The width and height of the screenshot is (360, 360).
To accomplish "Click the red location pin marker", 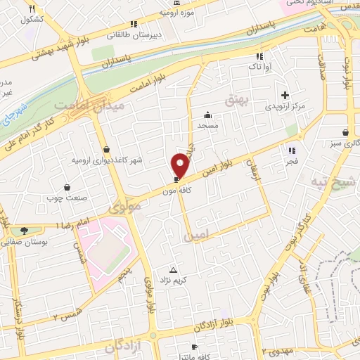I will (180, 165).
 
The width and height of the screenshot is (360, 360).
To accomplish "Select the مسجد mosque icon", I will (207, 115).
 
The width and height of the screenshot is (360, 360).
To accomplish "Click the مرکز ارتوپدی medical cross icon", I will (285, 95).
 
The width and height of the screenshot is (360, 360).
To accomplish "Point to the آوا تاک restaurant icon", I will (260, 56).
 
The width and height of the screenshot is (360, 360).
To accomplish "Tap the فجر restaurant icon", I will (291, 150).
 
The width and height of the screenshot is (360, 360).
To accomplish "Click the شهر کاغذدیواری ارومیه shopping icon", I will (106, 150).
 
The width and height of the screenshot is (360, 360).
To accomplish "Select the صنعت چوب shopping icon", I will (67, 187).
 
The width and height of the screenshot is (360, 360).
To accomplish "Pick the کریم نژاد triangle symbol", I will (174, 270).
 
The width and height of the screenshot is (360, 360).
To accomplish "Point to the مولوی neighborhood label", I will (127, 207).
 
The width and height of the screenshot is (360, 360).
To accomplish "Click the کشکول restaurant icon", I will (32, 8).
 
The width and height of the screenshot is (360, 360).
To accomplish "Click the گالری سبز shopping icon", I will (345, 132).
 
